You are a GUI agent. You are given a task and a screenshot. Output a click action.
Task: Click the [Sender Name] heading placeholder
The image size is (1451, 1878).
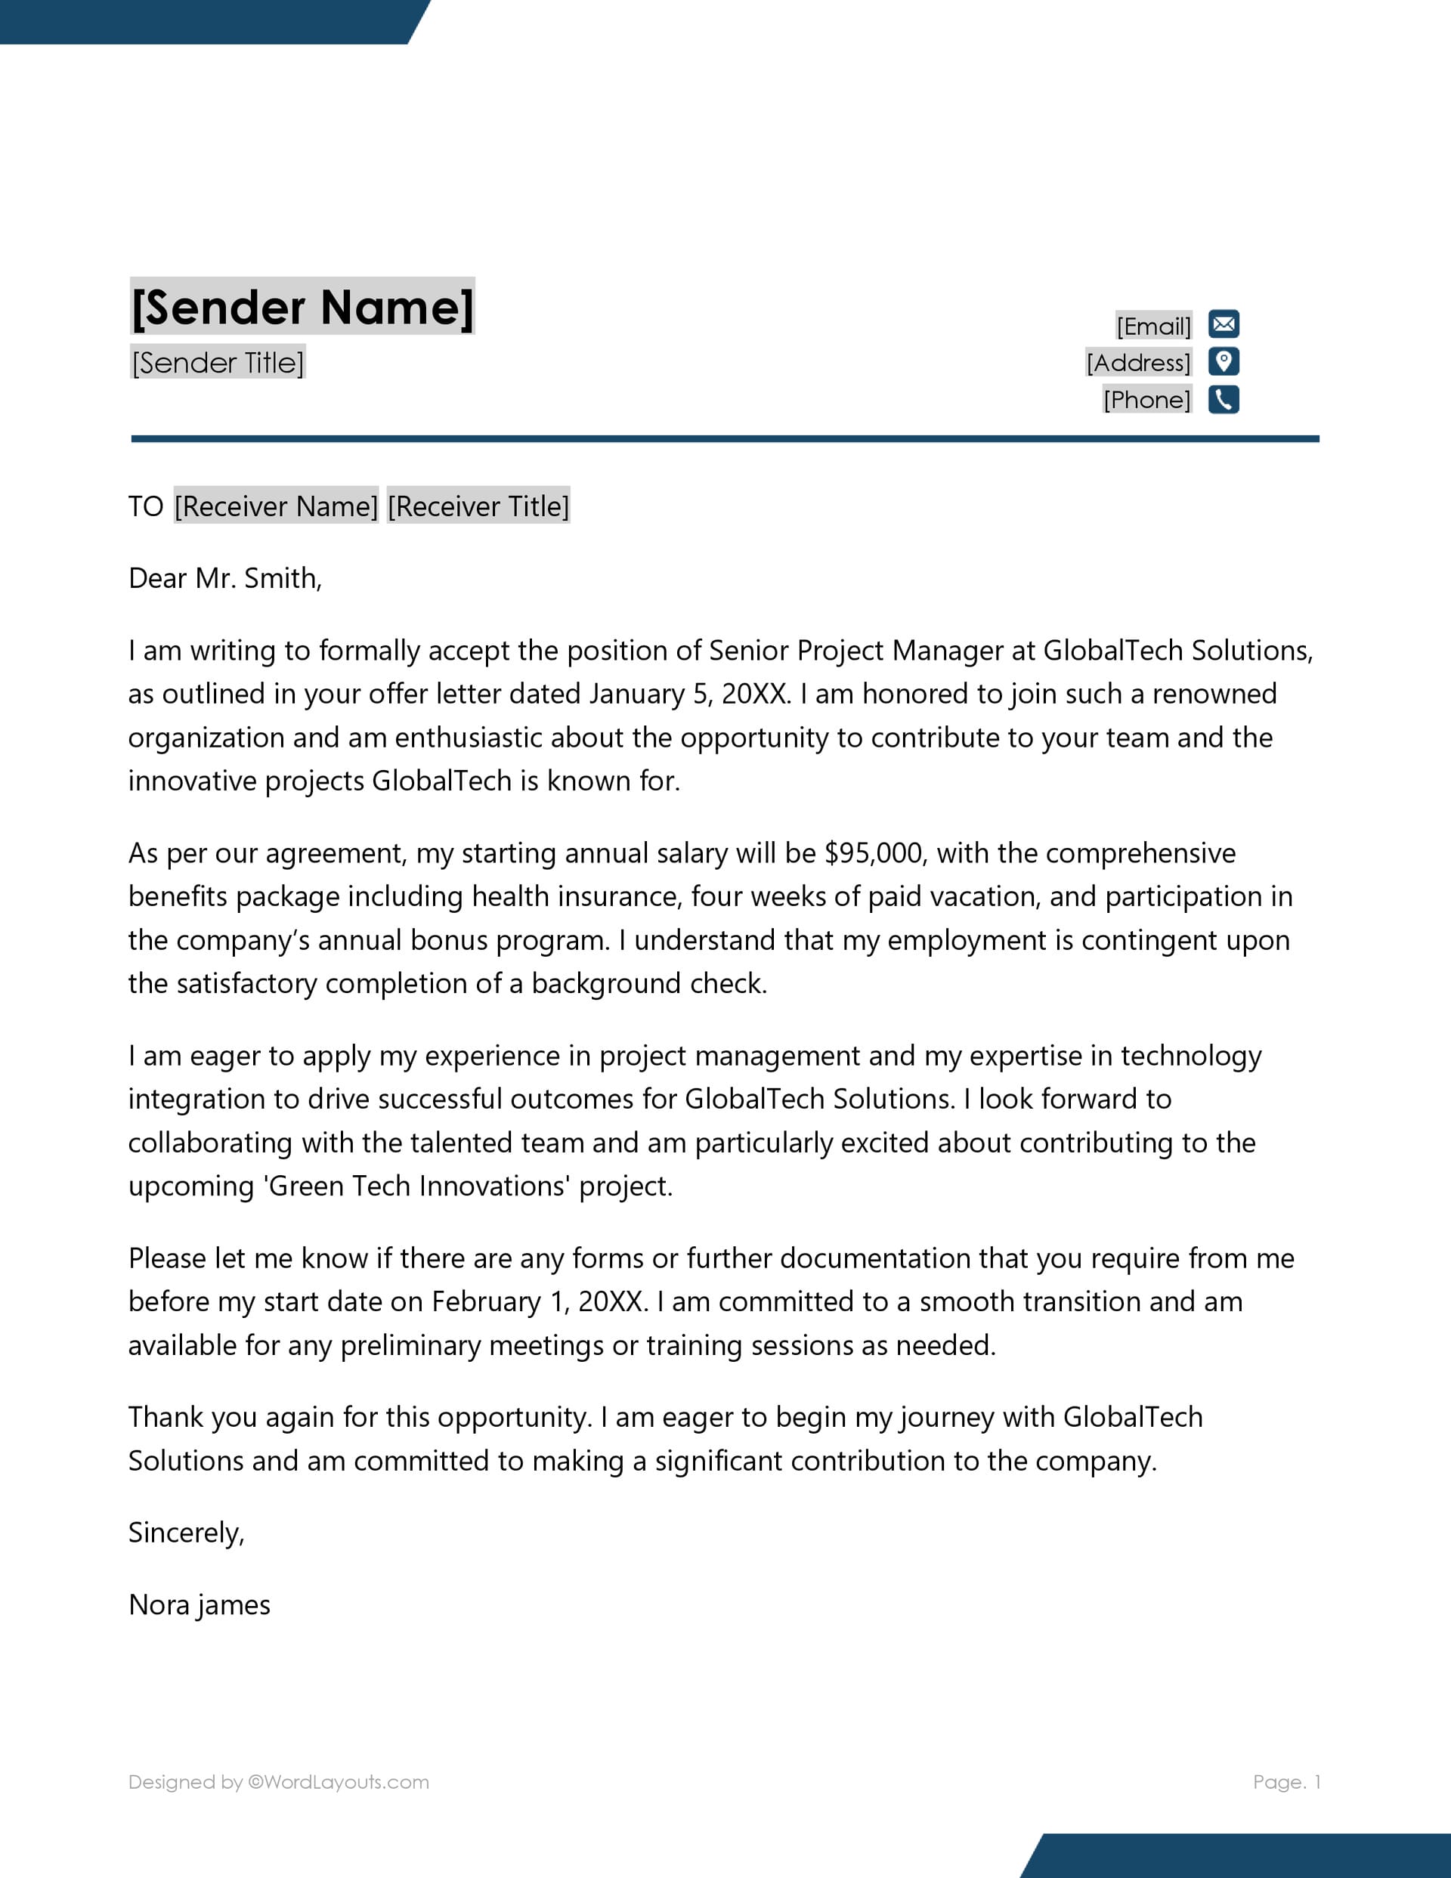(x=302, y=307)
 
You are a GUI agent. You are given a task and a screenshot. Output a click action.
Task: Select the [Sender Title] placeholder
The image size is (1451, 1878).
(x=218, y=363)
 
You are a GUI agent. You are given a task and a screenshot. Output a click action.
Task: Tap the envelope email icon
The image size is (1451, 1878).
(x=1223, y=324)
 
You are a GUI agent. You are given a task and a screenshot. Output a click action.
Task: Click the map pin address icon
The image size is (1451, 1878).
(x=1223, y=362)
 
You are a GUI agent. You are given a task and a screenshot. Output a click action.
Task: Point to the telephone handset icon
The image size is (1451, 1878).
(x=1223, y=400)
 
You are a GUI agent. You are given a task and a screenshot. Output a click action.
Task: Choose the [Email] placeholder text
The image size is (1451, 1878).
(x=1153, y=326)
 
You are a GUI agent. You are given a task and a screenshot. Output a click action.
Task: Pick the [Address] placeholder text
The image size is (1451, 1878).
(x=1138, y=363)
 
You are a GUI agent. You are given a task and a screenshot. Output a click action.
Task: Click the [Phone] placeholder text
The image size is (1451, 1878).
(x=1146, y=400)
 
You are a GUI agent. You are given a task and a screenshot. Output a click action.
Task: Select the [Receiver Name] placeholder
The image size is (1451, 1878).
(x=276, y=506)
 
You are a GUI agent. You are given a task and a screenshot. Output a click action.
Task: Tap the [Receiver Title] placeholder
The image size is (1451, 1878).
(x=478, y=506)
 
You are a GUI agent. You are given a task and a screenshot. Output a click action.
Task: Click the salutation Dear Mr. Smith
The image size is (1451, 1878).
(x=225, y=578)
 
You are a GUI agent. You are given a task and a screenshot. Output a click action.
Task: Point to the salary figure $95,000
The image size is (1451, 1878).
(x=874, y=853)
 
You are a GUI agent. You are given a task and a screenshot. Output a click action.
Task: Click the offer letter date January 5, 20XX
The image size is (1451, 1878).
(x=689, y=694)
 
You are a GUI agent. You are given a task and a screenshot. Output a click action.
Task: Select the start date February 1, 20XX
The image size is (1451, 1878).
(x=540, y=1301)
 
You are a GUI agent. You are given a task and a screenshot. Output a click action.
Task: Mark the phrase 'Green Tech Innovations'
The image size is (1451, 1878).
(x=418, y=1186)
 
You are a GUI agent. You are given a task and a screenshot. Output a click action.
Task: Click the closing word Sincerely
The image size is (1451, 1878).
(x=187, y=1533)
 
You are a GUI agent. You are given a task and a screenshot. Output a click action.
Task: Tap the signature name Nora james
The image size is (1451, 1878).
(x=200, y=1604)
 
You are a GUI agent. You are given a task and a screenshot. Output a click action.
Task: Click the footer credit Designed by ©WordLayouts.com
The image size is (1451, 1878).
(x=279, y=1782)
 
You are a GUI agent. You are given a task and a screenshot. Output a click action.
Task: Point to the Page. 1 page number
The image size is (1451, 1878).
(x=1285, y=1782)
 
